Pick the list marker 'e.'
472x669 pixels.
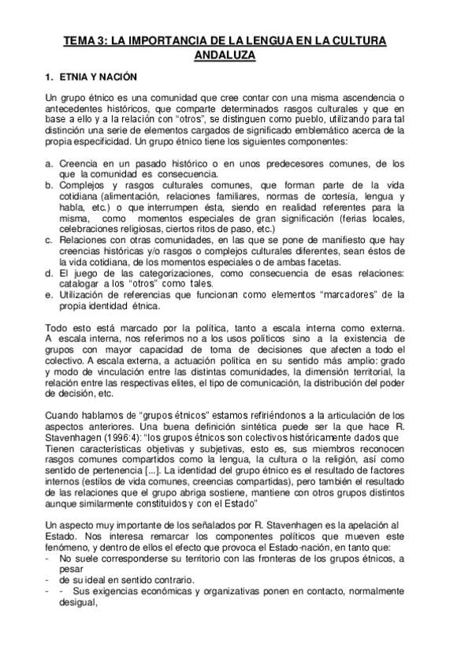50,294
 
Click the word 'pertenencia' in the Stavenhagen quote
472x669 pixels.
116,471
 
